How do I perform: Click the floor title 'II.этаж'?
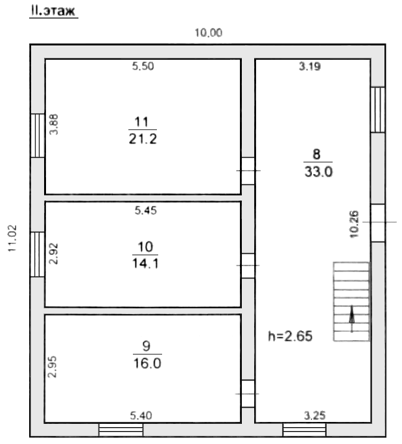point(53,11)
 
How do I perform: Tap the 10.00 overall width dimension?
point(209,33)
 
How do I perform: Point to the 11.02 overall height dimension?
point(12,238)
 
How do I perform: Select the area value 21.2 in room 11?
point(143,139)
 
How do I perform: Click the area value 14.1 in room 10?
point(145,264)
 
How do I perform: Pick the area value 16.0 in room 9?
point(147,364)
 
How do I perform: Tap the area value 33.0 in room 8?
point(318,171)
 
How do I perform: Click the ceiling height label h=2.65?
point(290,336)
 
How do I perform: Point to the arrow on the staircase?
point(351,319)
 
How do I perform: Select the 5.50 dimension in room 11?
point(143,66)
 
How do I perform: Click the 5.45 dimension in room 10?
point(146,210)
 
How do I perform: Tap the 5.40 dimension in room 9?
point(141,415)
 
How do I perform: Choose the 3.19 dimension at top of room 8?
point(310,67)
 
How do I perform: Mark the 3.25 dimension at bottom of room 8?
point(315,415)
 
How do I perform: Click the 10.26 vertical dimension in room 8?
point(354,224)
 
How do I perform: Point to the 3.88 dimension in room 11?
point(53,125)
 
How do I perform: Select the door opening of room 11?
point(248,171)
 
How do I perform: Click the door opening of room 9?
point(248,393)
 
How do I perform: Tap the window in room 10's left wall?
point(38,254)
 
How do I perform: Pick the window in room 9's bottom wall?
point(121,430)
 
